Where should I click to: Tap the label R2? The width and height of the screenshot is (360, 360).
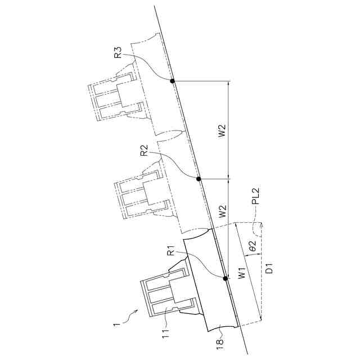tap(145, 150)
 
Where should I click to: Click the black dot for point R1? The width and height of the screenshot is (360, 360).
tap(225, 278)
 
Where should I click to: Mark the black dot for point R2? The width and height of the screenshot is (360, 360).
tap(199, 179)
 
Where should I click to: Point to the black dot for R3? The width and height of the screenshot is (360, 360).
tap(173, 81)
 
